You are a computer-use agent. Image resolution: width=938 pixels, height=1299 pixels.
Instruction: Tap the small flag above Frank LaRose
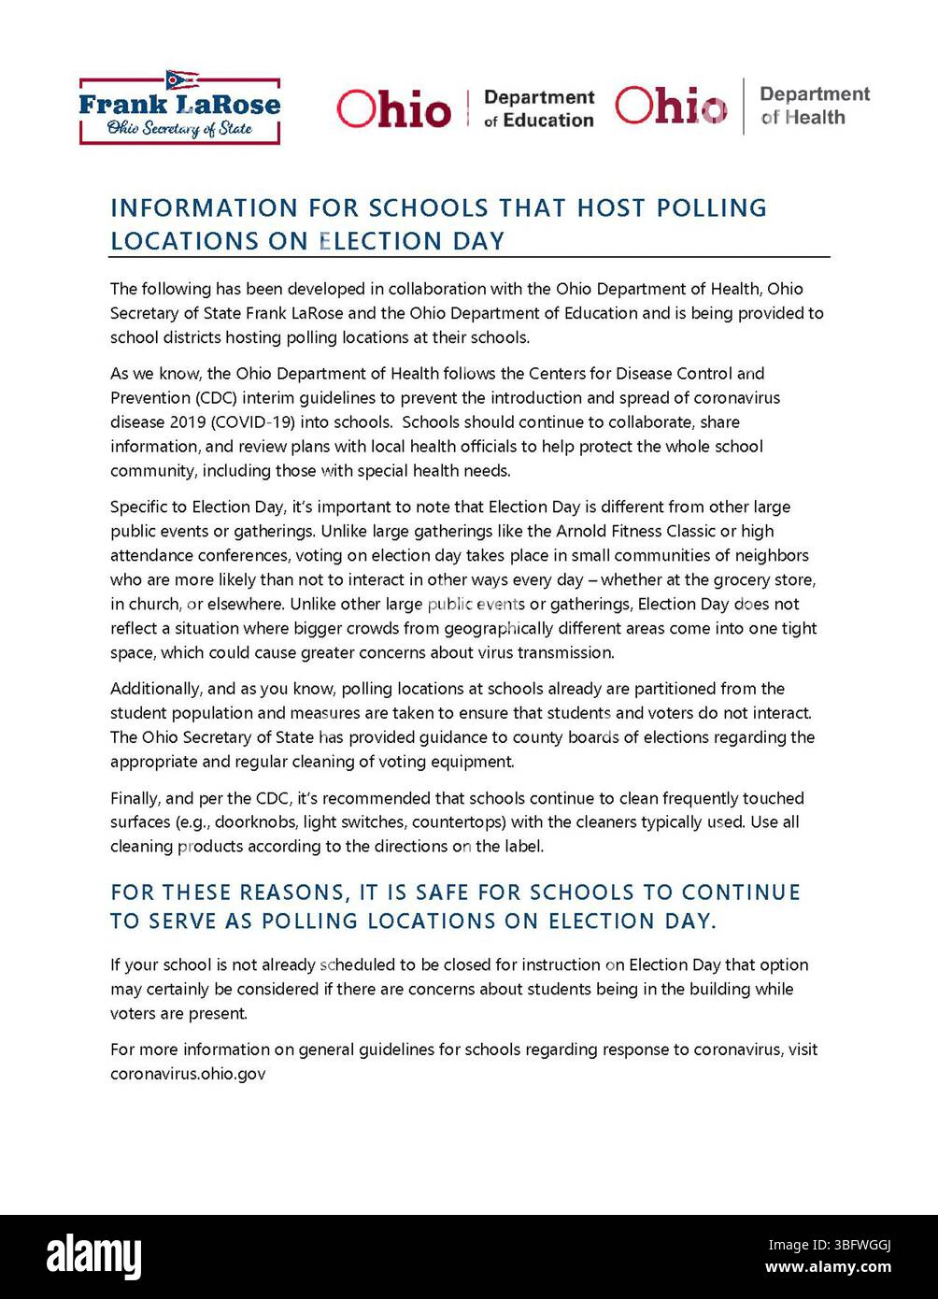tap(181, 79)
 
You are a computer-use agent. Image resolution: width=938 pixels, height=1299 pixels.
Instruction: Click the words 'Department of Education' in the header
tap(539, 108)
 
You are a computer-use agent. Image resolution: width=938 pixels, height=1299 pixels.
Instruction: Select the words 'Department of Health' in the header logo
tap(814, 106)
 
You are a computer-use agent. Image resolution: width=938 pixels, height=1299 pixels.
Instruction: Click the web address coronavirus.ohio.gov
tap(188, 1074)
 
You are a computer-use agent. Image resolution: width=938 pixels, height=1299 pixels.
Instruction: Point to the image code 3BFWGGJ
tap(829, 1245)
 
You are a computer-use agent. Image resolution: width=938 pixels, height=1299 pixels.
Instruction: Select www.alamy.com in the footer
tap(828, 1267)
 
